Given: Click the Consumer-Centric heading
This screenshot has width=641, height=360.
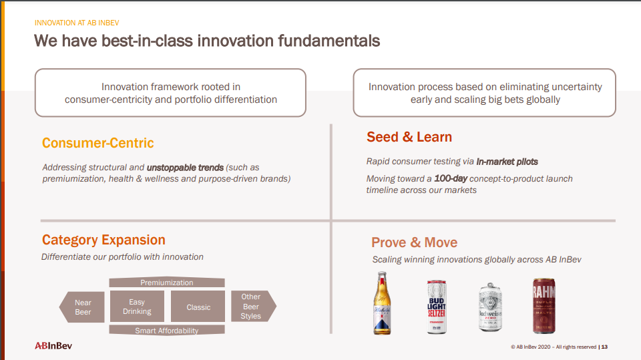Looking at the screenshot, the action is pyautogui.click(x=97, y=143).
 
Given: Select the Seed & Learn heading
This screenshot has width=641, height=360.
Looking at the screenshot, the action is pyautogui.click(x=409, y=137).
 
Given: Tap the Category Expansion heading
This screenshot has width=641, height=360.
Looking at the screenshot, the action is pyautogui.click(x=104, y=240).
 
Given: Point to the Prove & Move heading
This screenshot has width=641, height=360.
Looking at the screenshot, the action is pyautogui.click(x=414, y=242).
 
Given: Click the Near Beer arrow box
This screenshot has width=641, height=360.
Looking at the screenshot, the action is pyautogui.click(x=82, y=307).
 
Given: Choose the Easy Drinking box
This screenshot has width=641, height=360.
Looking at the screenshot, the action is pyautogui.click(x=137, y=307).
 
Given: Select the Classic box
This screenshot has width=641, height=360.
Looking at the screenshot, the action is pyautogui.click(x=198, y=307).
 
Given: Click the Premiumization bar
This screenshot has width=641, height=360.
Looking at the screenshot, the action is pyautogui.click(x=167, y=283).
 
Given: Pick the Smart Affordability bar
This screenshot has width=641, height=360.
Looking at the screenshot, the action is pyautogui.click(x=167, y=330).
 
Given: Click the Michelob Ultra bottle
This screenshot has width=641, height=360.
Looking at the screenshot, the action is pyautogui.click(x=382, y=303).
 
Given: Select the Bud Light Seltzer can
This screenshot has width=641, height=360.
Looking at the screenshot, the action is pyautogui.click(x=437, y=307).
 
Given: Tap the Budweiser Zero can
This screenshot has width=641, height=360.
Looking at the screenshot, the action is pyautogui.click(x=490, y=307).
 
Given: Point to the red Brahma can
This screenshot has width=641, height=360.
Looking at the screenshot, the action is pyautogui.click(x=544, y=306).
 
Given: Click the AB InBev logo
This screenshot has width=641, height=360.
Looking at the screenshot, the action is pyautogui.click(x=53, y=346).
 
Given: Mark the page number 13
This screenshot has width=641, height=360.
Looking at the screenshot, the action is pyautogui.click(x=604, y=347).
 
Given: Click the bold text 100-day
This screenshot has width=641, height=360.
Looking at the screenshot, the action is pyautogui.click(x=451, y=178).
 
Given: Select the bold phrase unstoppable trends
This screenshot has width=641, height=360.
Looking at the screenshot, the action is pyautogui.click(x=185, y=168).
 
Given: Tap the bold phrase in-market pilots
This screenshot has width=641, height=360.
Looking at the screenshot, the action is pyautogui.click(x=507, y=162).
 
